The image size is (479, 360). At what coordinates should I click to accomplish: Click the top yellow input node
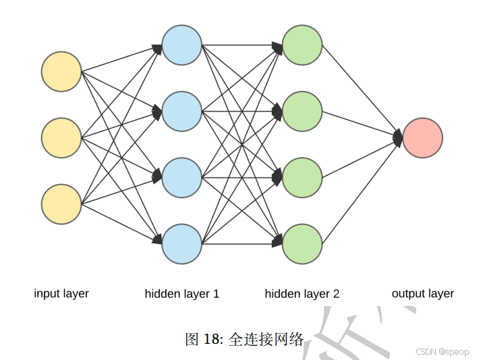(61, 71)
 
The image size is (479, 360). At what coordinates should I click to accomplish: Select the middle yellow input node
(61, 138)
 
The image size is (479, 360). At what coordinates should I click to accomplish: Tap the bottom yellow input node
(61, 204)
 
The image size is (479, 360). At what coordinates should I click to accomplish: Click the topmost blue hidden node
(182, 45)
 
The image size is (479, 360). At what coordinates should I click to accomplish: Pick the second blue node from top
(182, 111)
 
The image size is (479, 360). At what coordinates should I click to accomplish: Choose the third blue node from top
(182, 177)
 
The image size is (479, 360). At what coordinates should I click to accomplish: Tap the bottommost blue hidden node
(182, 244)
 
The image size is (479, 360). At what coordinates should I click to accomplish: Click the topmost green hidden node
(302, 45)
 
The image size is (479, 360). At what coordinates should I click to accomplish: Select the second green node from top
(302, 111)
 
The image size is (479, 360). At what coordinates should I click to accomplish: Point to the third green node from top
(302, 177)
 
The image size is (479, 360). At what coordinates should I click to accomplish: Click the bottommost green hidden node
(302, 244)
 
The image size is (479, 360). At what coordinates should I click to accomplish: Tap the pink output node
(423, 138)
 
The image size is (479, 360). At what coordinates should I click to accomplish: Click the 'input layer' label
(61, 293)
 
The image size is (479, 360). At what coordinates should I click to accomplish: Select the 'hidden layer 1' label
(182, 293)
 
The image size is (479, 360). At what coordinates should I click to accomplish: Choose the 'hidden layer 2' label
(302, 293)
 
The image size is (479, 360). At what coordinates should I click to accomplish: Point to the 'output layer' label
(423, 293)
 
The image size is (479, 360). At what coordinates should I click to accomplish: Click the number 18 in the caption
(210, 339)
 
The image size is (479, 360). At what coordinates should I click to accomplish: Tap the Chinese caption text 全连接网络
(266, 339)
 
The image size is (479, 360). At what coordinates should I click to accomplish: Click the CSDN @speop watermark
(442, 352)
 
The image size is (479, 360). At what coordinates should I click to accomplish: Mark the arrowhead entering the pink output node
(398, 138)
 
